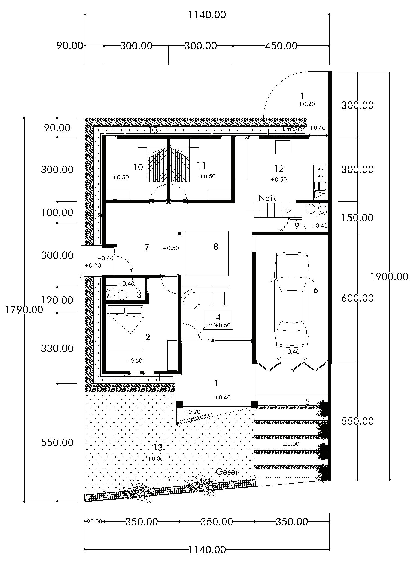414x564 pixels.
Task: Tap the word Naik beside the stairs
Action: (x=267, y=198)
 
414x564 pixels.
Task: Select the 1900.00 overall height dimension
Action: (x=389, y=277)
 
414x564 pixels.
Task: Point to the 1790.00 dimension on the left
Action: (x=24, y=309)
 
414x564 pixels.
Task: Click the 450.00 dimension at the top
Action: (x=281, y=46)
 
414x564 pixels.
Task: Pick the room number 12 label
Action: (x=279, y=169)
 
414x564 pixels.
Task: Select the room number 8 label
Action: (x=216, y=246)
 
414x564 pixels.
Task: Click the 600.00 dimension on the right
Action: (x=357, y=298)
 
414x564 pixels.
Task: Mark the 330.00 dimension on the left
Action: (x=57, y=348)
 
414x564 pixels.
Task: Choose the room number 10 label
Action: (x=138, y=167)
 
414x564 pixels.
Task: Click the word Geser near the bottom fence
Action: (x=227, y=472)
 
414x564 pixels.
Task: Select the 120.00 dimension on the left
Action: (x=57, y=300)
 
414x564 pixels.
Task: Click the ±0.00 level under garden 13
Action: (x=156, y=458)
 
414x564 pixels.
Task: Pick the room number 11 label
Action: (x=201, y=165)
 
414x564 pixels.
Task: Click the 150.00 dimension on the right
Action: (x=357, y=218)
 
